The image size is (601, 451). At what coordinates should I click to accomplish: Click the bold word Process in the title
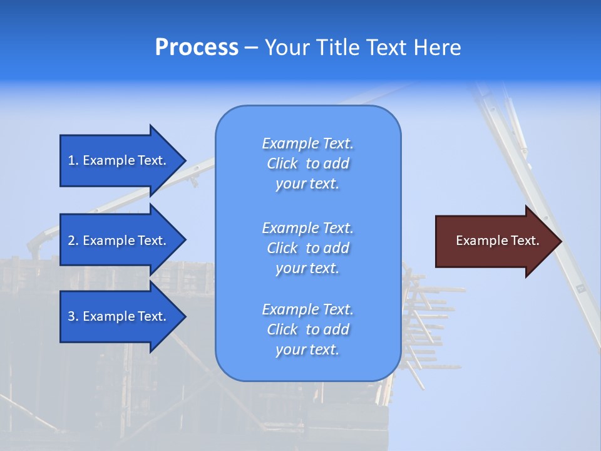[197, 48]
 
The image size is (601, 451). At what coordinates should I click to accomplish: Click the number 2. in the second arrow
[73, 241]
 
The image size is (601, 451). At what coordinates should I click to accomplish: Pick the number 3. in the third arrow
[73, 316]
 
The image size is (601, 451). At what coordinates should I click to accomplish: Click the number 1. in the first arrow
[73, 160]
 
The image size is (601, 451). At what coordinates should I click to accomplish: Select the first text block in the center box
[307, 163]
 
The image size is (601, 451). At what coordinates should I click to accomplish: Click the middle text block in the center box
[307, 248]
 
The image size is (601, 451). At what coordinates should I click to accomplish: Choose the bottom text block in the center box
[307, 329]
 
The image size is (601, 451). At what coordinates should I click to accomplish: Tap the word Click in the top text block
[282, 163]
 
